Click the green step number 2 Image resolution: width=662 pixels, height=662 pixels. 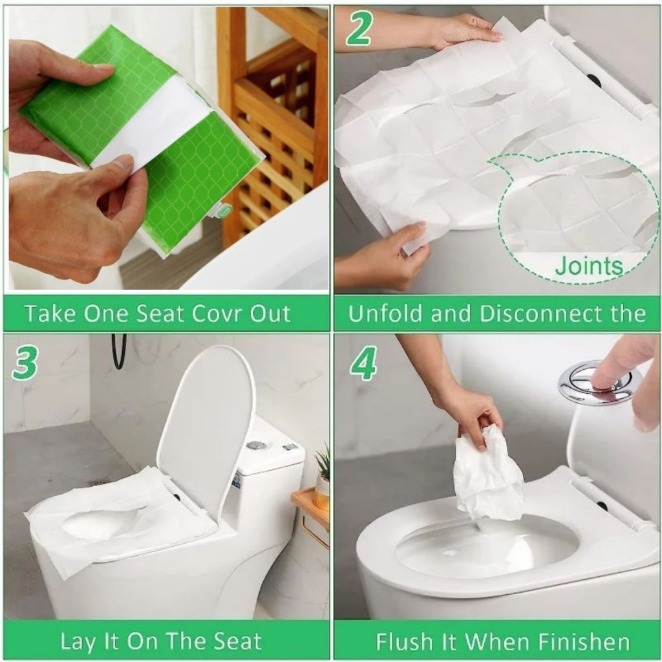tap(358, 28)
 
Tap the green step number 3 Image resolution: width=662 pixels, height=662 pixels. tap(26, 363)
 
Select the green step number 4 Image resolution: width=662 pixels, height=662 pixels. tap(363, 363)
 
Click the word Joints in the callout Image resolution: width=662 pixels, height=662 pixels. tap(588, 266)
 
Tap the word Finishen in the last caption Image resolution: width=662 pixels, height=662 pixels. tap(584, 642)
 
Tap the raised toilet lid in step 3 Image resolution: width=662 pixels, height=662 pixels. tap(206, 427)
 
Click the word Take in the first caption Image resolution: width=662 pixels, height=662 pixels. tap(50, 314)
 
